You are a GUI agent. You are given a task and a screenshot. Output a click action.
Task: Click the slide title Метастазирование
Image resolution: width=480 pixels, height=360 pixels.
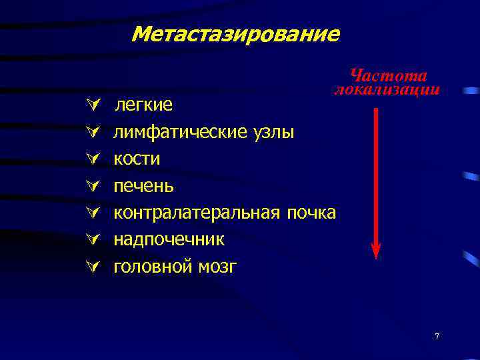coord(236,34)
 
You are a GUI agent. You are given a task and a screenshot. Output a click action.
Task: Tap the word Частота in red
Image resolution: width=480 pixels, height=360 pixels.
coord(389,76)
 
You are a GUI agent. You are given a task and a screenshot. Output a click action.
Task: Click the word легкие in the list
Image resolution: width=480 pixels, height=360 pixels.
coord(145,105)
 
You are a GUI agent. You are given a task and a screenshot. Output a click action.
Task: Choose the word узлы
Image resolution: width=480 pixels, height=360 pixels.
coord(273,132)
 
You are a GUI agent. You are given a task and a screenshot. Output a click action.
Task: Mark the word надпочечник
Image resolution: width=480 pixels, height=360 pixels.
coord(169,239)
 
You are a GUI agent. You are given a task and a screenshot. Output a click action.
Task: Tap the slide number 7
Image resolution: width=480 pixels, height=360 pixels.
coord(437,337)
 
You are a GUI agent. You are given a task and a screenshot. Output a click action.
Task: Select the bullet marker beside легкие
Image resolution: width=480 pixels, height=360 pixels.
coord(91,105)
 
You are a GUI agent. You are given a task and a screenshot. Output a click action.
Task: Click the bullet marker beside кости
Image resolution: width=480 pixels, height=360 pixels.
coord(91,159)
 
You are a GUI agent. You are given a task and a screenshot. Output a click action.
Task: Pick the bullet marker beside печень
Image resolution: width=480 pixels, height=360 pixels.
coord(91,185)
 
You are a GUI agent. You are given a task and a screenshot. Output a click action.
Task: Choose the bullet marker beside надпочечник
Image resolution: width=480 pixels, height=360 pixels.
coord(91,239)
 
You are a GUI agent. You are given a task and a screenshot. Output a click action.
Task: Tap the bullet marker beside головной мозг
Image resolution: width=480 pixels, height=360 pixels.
coord(91,267)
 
